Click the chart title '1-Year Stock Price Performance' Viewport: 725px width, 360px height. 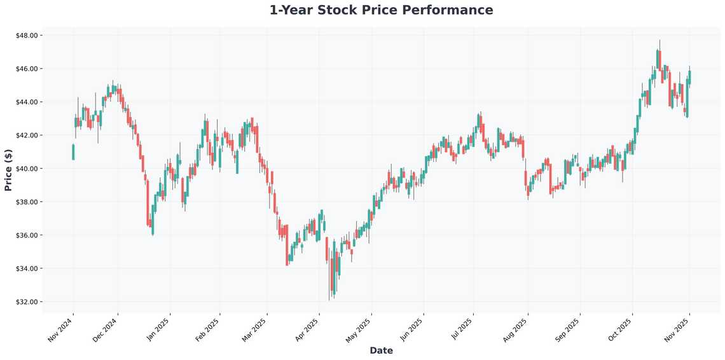pos(381,10)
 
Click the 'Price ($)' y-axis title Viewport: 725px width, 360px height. pos(8,170)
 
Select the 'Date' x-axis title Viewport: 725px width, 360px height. pos(381,350)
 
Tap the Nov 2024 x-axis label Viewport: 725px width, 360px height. pos(61,329)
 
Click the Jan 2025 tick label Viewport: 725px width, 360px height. pos(159,329)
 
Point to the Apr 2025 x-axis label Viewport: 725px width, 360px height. pos(307,329)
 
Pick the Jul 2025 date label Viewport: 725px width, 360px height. pos(462,329)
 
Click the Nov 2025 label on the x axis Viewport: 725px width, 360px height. pos(679,329)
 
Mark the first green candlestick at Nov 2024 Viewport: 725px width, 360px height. pos(73,152)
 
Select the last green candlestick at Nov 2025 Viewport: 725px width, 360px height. pos(689,77)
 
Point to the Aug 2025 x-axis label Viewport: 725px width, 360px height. pos(515,329)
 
